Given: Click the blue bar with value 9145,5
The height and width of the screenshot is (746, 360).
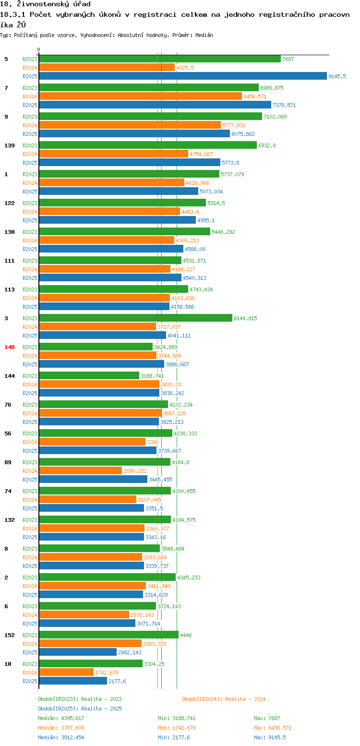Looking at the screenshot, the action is [183, 76].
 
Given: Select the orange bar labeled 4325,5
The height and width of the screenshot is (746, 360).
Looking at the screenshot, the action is [107, 68].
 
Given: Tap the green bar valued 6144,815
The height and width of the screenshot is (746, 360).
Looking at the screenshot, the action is [135, 318].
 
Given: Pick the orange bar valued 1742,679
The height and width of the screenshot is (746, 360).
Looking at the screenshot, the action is [66, 673].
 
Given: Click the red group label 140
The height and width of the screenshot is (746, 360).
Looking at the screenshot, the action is [9, 347].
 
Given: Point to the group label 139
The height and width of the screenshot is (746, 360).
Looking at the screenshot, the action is [9, 145].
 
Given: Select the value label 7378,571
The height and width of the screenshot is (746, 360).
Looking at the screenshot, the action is [284, 105].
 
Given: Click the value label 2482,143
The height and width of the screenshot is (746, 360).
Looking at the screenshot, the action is [130, 652].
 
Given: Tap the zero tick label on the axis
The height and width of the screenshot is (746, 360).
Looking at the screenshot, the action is [38, 49].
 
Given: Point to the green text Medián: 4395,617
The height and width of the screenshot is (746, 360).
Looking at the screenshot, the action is [61, 718].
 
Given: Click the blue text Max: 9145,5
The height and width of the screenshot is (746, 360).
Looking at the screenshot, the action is [270, 737].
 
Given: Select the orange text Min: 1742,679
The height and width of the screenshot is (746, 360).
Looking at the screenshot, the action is [177, 728].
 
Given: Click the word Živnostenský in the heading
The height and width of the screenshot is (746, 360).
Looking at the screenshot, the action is [43, 4].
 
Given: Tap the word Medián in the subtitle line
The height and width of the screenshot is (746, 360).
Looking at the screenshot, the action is [204, 36].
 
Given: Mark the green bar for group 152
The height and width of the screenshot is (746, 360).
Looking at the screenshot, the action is [108, 635].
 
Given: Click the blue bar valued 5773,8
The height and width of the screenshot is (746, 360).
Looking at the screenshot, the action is [130, 163].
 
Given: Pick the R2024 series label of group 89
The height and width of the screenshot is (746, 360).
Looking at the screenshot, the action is [30, 471].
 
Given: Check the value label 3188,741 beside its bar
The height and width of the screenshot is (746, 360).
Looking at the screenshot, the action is [152, 376].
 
